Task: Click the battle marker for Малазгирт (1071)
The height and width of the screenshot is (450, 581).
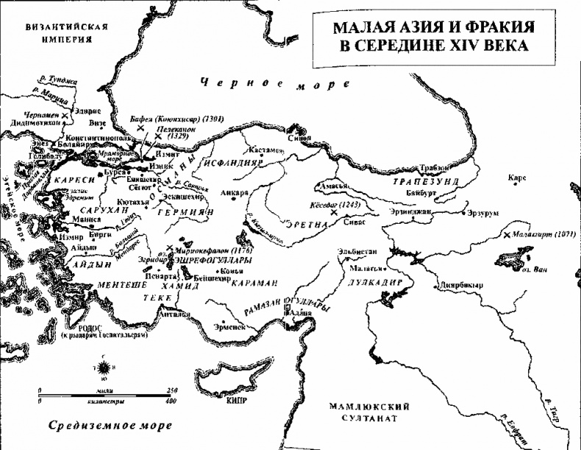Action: coord(507,235)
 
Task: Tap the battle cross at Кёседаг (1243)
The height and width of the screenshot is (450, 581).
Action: coord(335,212)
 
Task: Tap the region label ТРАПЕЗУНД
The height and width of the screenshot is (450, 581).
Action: coord(426,180)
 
